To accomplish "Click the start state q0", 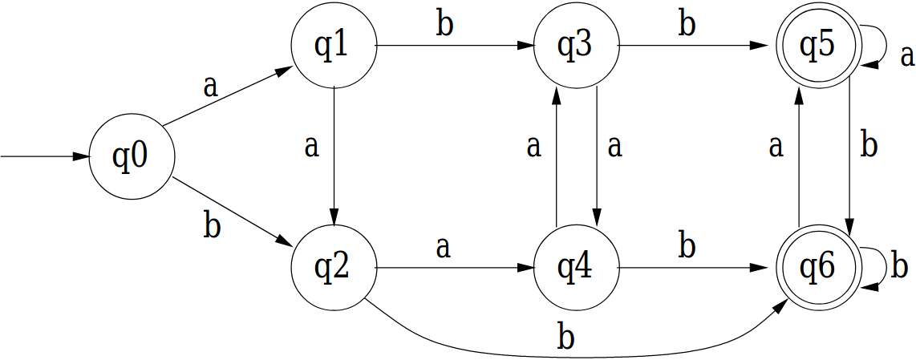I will tap(131, 157).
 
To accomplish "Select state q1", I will tap(333, 47).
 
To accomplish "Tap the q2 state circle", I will tap(333, 268).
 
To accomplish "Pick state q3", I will tap(576, 47).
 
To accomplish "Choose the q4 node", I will tap(576, 268).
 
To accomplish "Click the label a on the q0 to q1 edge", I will tap(210, 86).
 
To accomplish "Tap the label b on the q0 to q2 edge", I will tap(211, 225).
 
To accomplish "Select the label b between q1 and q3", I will tap(444, 25).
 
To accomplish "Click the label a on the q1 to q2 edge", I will tap(312, 147).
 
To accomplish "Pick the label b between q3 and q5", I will tap(687, 25).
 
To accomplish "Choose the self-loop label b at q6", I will tap(900, 265).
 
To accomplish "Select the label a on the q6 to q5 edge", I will tap(776, 147).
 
